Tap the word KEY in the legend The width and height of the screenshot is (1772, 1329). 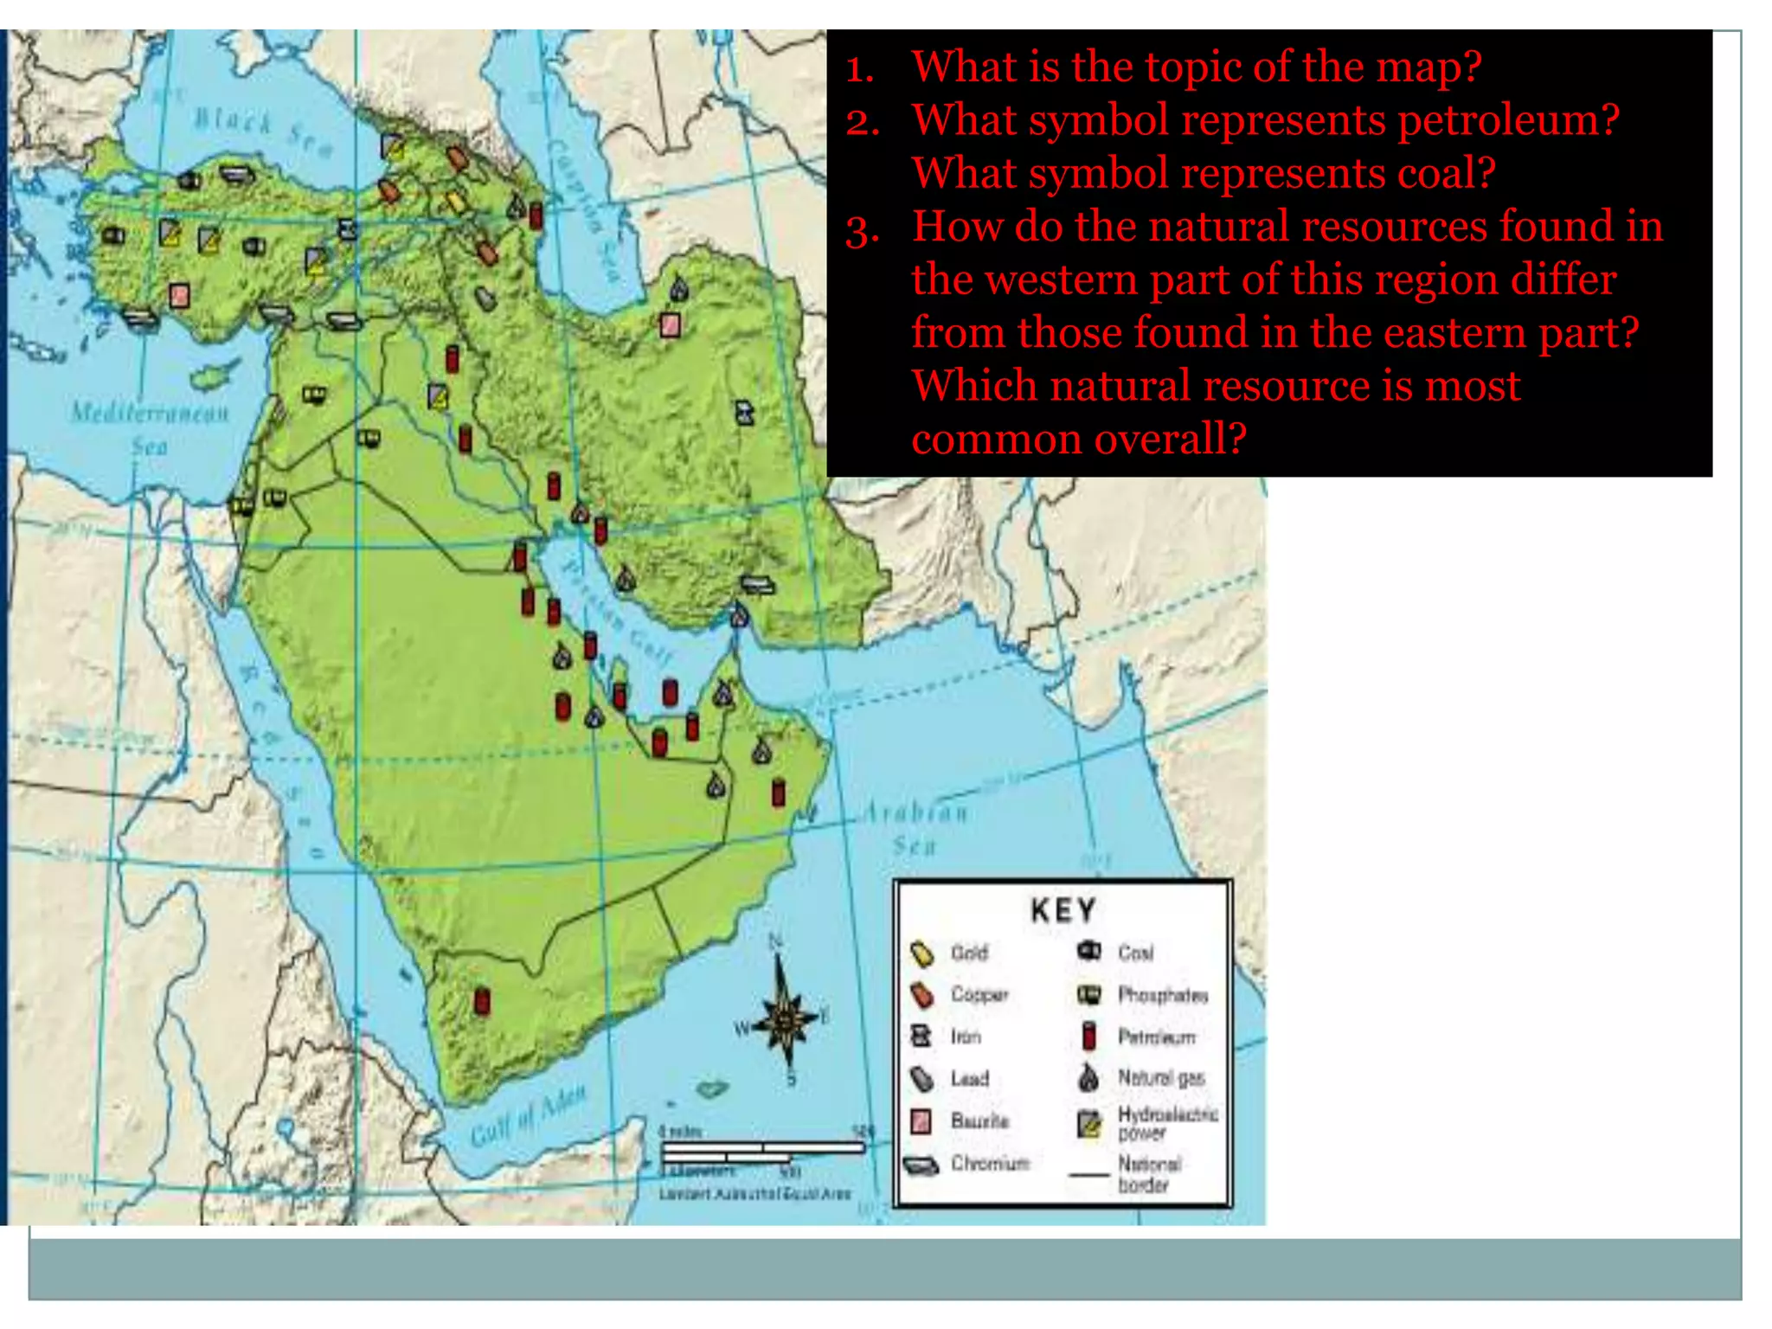(1063, 910)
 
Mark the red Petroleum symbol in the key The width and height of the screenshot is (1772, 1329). (1089, 1036)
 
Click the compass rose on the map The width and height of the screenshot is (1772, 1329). (786, 1021)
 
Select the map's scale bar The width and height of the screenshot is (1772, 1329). (761, 1151)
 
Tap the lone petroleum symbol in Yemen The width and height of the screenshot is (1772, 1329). (483, 1001)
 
